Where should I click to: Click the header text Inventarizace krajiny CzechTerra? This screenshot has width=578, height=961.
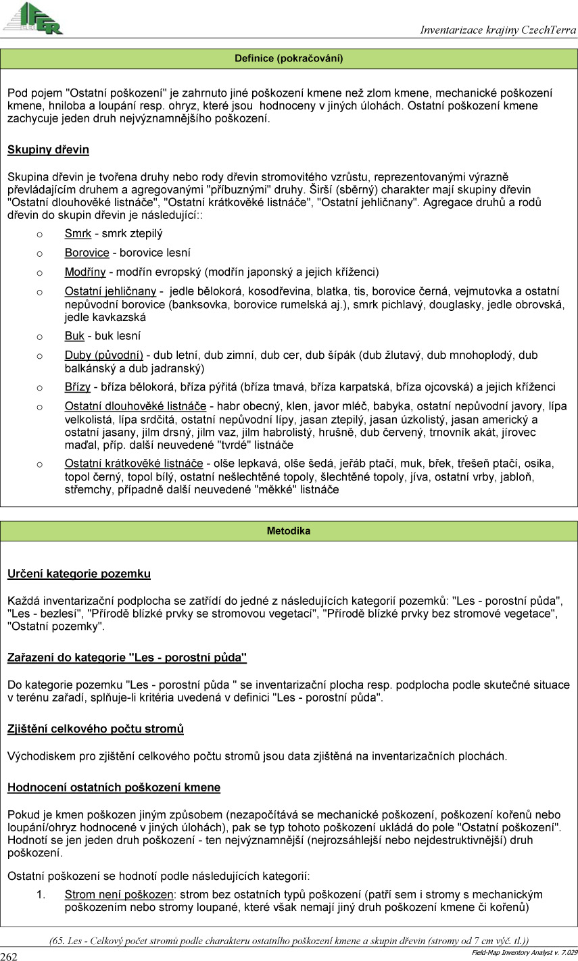coord(498,30)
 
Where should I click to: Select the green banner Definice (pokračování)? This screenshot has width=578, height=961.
coord(289,59)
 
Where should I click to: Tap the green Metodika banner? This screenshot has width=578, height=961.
coord(289,531)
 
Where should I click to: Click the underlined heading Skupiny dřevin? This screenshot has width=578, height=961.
coord(48,149)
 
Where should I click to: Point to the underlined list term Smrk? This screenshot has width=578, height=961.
coord(78,234)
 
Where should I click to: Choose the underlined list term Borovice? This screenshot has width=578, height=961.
coord(87,253)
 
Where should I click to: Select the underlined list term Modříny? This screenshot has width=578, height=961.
coord(85,272)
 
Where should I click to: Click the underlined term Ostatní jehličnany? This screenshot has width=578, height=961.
coord(110,291)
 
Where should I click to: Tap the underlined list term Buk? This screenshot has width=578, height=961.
coord(74,336)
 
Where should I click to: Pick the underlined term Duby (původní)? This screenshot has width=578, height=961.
coord(103,355)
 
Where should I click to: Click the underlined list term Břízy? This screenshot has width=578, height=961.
coord(78,387)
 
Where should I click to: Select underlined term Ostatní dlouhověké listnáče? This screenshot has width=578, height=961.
coord(135,406)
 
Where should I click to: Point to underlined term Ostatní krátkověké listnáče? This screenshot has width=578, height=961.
coord(134,464)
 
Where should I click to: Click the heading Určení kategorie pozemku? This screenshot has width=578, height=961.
coord(79,574)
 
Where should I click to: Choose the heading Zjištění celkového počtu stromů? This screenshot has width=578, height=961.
coord(95,729)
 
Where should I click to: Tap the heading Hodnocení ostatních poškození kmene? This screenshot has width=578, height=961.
coord(114,787)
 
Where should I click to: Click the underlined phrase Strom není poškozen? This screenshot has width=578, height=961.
coord(119,895)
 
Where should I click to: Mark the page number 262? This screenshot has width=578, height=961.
coord(9,956)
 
